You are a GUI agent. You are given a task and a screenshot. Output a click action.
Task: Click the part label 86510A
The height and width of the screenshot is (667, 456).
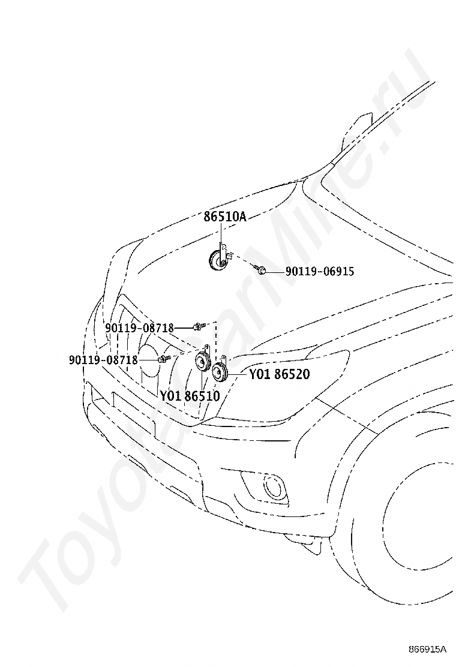225,217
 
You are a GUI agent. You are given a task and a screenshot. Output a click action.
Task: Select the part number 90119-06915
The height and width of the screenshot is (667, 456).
319,272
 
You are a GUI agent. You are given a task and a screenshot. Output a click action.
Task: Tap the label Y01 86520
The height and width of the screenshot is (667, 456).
279,375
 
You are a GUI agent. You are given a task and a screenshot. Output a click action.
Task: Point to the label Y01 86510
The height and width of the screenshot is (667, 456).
190,396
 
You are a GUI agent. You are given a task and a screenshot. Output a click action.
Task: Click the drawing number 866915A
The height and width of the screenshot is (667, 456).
428,650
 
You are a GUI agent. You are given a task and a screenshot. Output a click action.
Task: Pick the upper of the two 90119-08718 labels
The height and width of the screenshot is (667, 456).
139,328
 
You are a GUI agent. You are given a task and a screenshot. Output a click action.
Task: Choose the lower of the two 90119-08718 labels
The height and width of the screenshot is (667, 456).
103,360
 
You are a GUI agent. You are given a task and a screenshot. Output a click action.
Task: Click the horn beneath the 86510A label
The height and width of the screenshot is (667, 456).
215,261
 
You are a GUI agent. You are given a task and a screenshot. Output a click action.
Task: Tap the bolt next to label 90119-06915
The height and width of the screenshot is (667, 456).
261,271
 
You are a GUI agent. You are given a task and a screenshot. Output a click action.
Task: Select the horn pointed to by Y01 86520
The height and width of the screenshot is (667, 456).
220,374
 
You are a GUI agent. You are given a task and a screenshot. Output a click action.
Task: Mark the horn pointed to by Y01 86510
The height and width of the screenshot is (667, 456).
200,363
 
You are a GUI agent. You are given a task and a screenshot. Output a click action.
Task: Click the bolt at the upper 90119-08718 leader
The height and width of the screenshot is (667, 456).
198,326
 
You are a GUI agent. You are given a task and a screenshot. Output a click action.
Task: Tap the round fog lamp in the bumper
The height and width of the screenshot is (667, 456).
274,487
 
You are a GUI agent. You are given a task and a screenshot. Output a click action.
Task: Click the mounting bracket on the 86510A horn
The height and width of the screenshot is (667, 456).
223,251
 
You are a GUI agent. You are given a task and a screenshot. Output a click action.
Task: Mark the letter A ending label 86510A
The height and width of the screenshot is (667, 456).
242,217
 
